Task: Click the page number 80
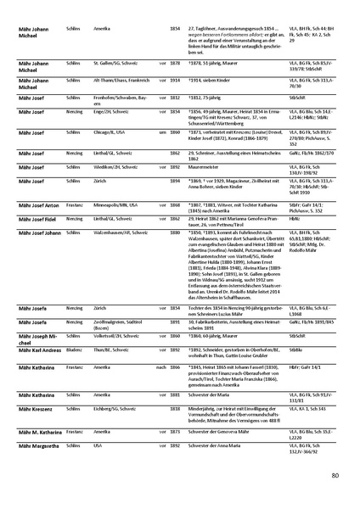point(335,475)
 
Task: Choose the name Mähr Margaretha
point(31,445)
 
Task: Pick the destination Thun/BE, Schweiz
point(104,350)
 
